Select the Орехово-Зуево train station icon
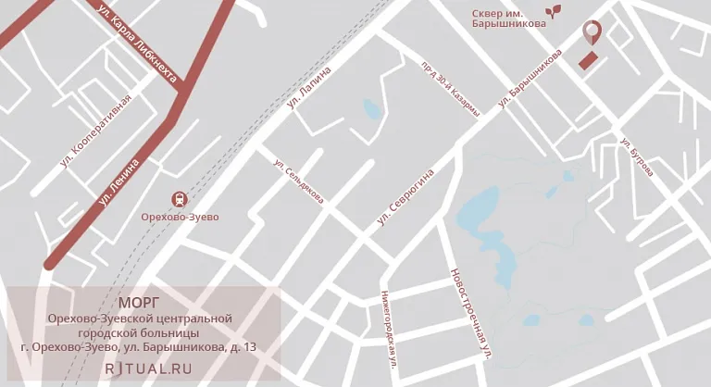tap(177, 198)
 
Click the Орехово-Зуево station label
tap(179, 217)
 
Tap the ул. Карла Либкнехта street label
tap(136, 43)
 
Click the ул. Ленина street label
tap(118, 182)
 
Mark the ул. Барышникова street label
tap(530, 78)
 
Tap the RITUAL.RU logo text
tap(148, 368)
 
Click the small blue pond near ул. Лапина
tap(372, 110)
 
